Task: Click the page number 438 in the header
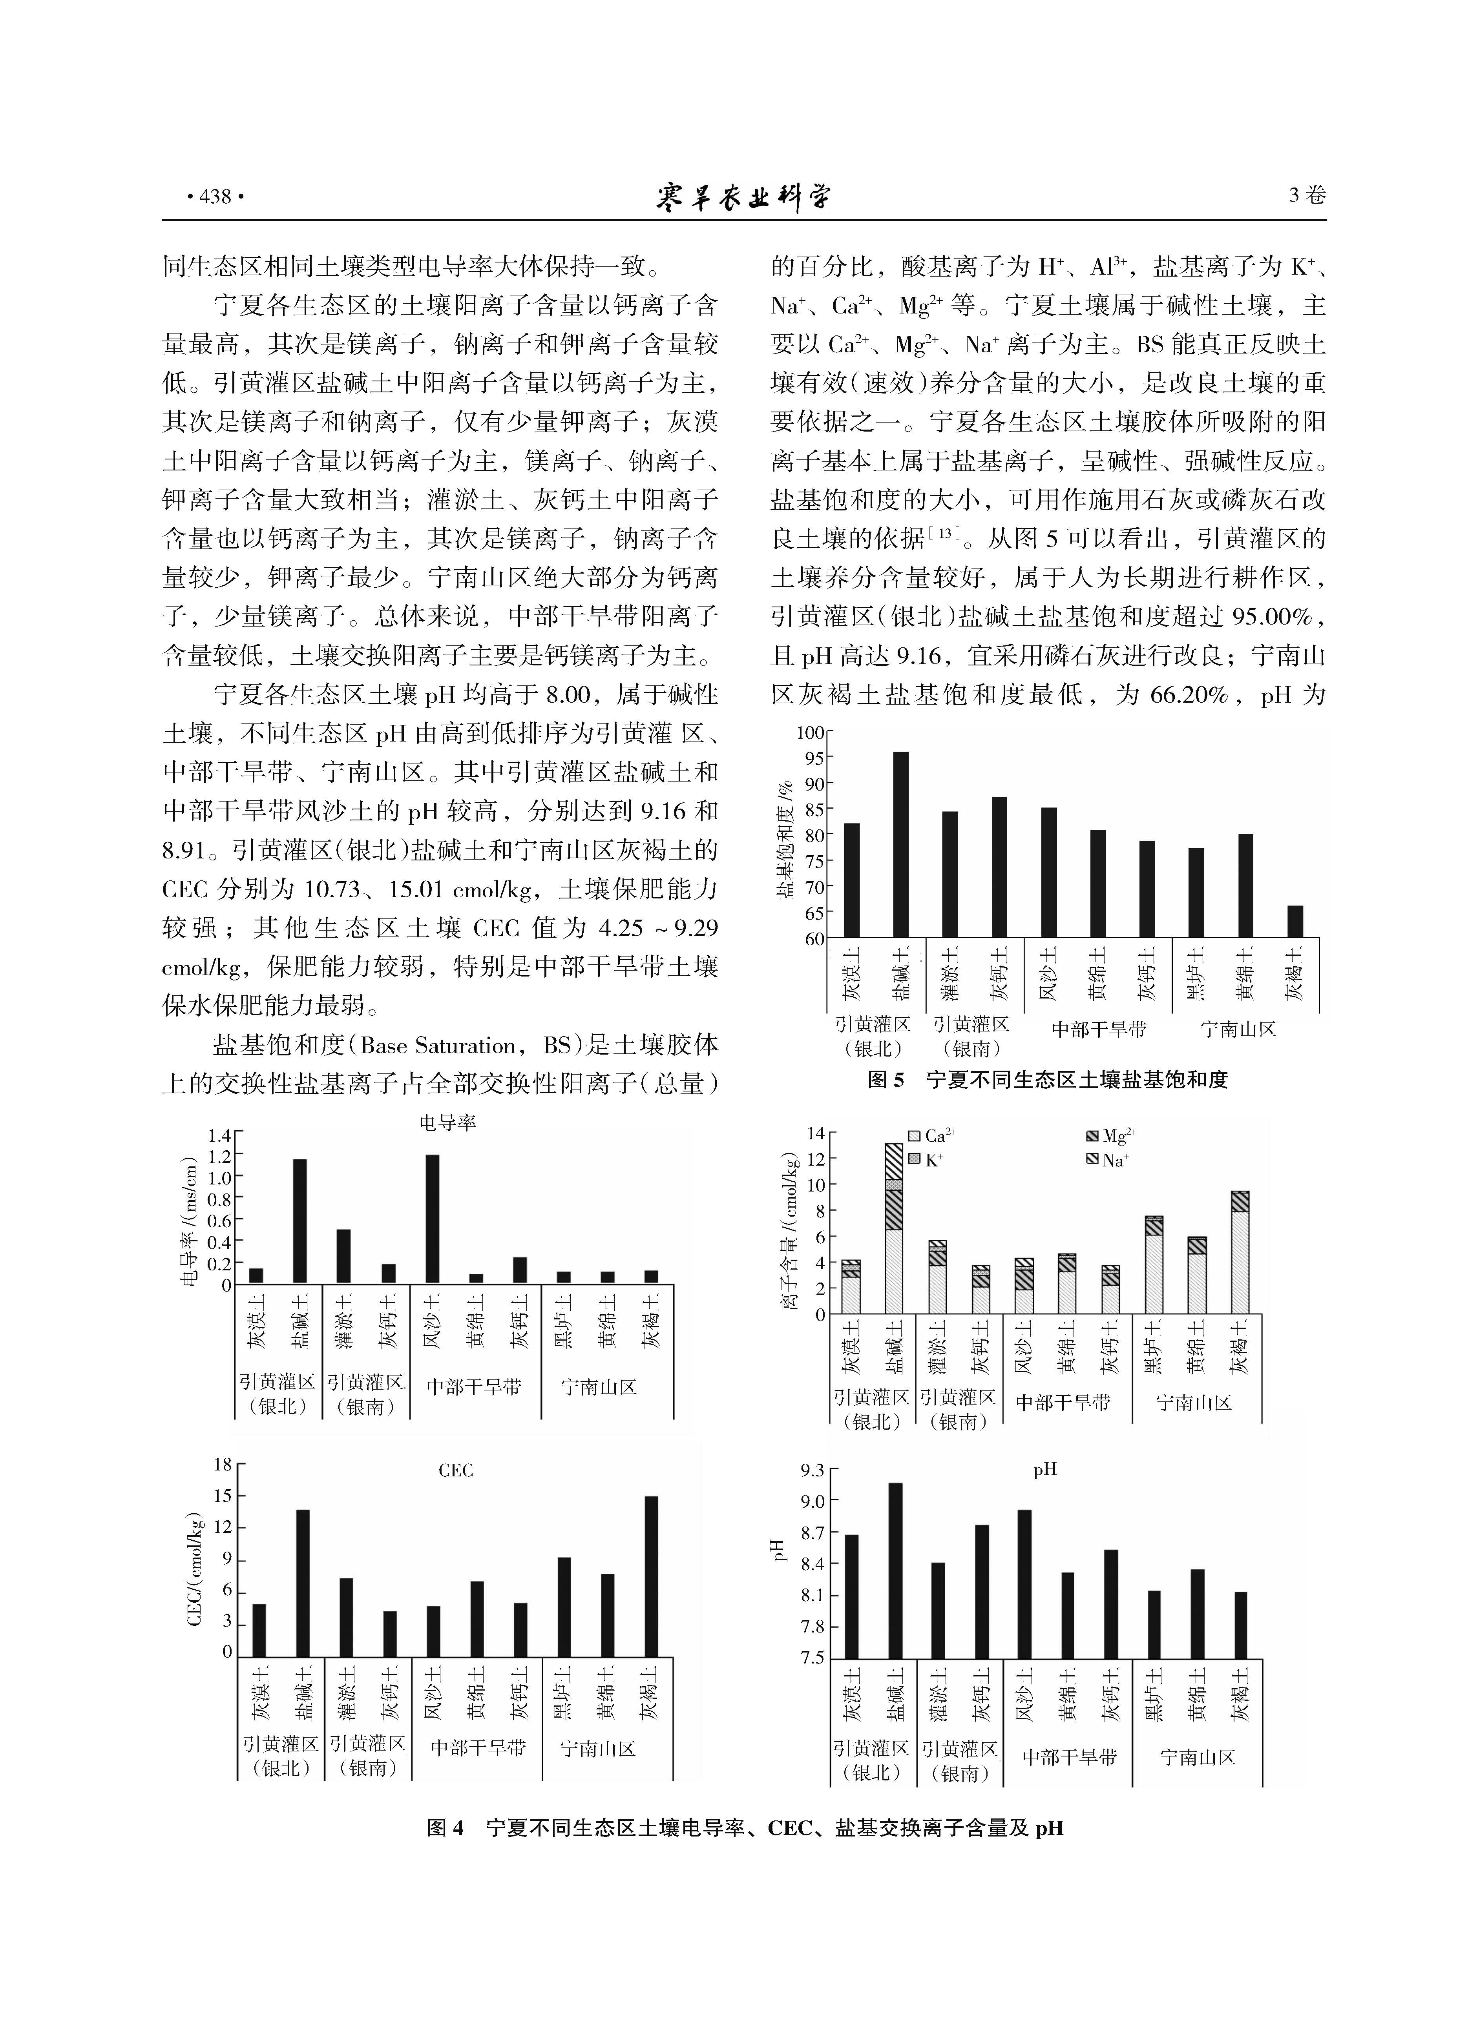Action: click(x=214, y=197)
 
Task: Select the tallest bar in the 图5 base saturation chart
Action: click(x=901, y=844)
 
